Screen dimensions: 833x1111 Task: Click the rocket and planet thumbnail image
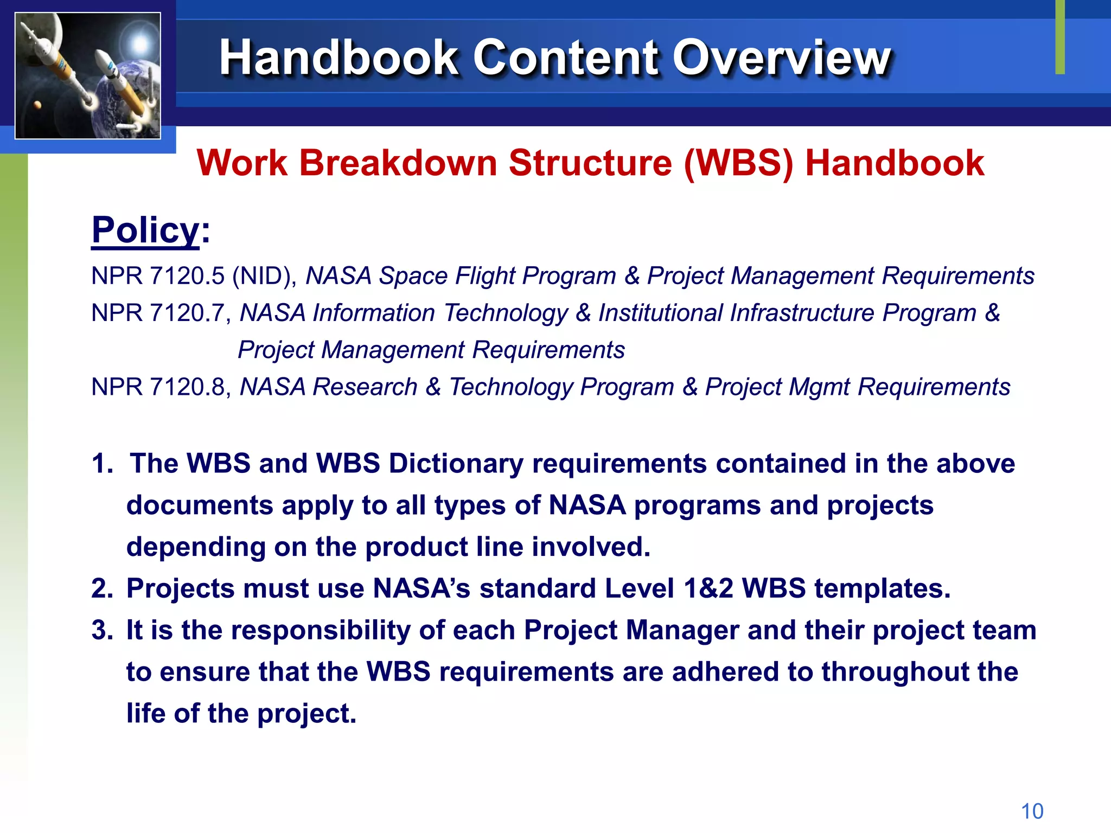[88, 76]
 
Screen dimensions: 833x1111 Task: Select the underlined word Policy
[145, 230]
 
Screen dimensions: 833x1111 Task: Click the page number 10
[1032, 811]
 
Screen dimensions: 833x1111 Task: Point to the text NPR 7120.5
[158, 276]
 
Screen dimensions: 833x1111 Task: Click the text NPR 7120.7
[158, 313]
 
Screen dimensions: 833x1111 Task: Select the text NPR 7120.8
[158, 387]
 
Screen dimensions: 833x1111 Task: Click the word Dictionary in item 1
[456, 464]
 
